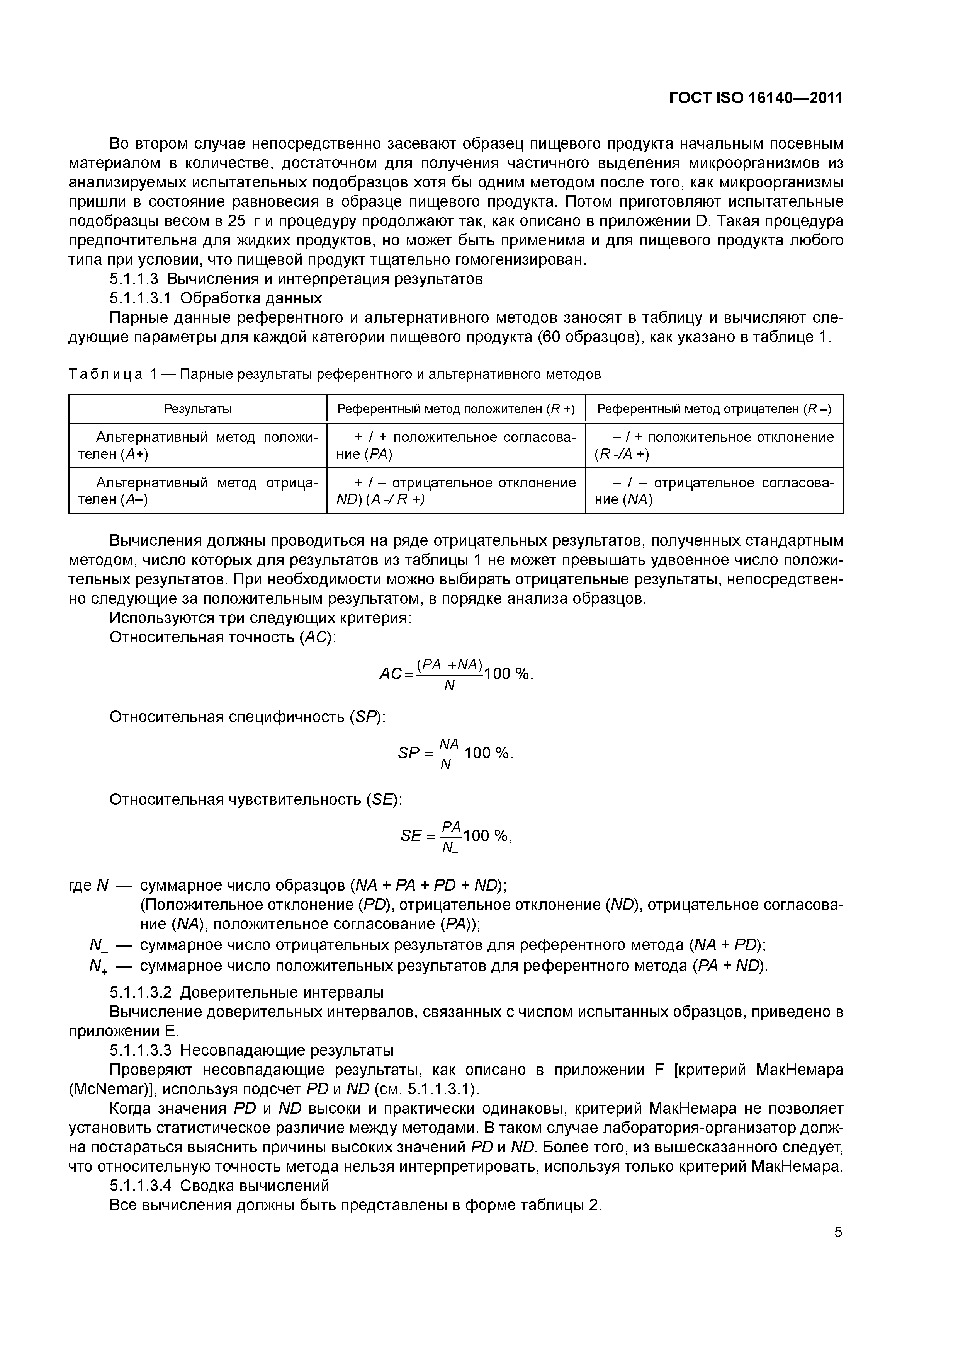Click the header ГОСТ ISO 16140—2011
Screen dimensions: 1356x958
coord(756,98)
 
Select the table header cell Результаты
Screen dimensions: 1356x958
coord(198,409)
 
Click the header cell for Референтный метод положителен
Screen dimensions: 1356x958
coord(456,409)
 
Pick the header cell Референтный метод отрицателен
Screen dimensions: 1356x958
coord(714,409)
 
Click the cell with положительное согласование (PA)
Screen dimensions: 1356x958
coord(456,445)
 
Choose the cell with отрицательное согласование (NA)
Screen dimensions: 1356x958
coord(714,491)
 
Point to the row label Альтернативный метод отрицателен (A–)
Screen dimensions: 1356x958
coord(198,491)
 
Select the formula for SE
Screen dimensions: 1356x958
coord(456,836)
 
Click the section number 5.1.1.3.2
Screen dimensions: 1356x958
coord(142,991)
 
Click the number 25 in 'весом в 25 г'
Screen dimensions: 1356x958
coord(236,221)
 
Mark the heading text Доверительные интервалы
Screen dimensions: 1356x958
coord(282,991)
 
